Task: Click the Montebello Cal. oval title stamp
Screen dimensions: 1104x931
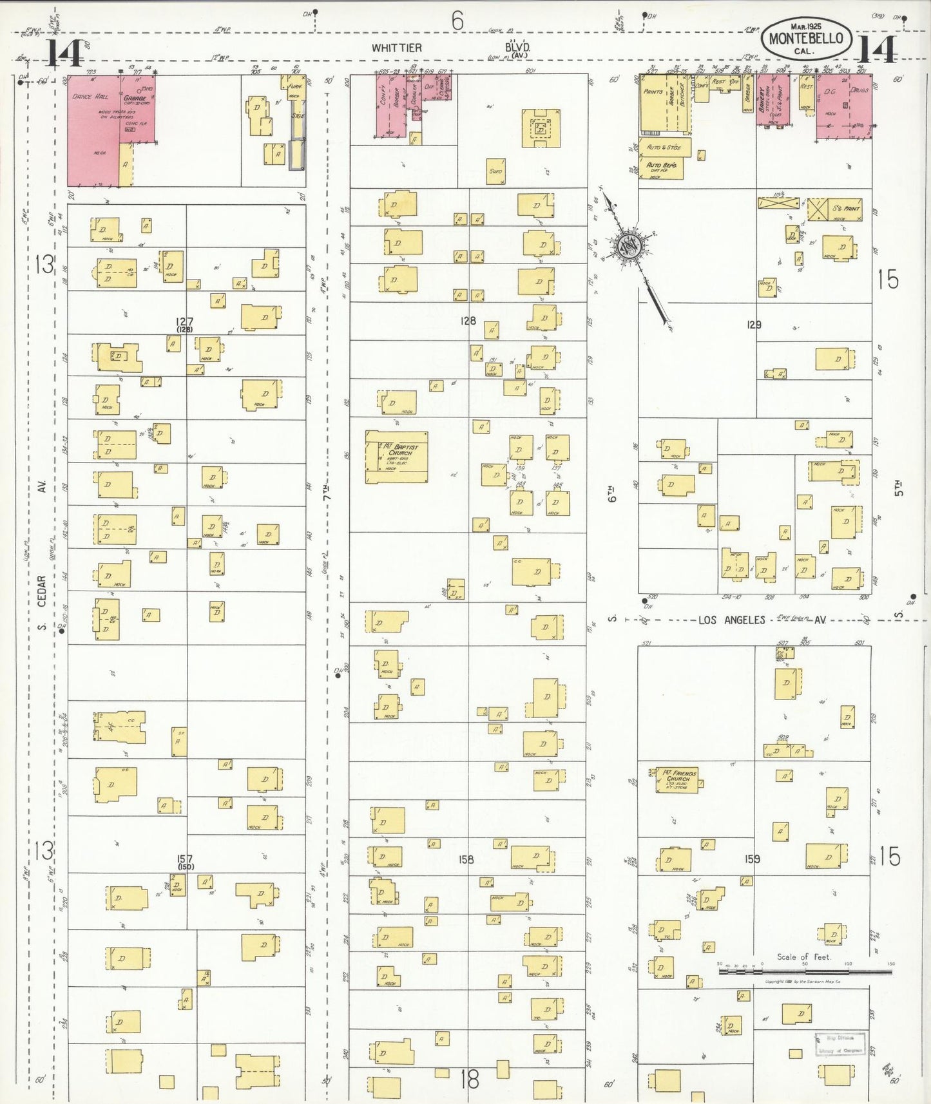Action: pyautogui.click(x=806, y=39)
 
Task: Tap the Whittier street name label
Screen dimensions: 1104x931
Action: pyautogui.click(x=396, y=48)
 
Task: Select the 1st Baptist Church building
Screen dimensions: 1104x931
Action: pyautogui.click(x=397, y=456)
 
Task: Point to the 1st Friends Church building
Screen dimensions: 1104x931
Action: pyautogui.click(x=677, y=779)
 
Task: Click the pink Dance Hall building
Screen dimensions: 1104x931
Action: pyautogui.click(x=93, y=129)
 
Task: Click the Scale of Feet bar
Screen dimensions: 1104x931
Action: pyautogui.click(x=805, y=970)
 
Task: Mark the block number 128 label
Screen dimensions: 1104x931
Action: pyautogui.click(x=468, y=320)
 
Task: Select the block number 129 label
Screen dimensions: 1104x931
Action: pyautogui.click(x=754, y=325)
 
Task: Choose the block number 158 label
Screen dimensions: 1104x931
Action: pyautogui.click(x=466, y=859)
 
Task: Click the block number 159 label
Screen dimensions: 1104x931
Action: pyautogui.click(x=753, y=859)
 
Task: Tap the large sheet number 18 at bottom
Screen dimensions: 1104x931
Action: pyautogui.click(x=470, y=1080)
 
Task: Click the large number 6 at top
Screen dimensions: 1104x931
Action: pyautogui.click(x=457, y=21)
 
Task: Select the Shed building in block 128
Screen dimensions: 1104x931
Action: pyautogui.click(x=495, y=171)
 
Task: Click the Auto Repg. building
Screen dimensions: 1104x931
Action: pyautogui.click(x=661, y=169)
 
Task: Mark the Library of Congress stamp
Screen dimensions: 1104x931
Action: pyautogui.click(x=840, y=1044)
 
